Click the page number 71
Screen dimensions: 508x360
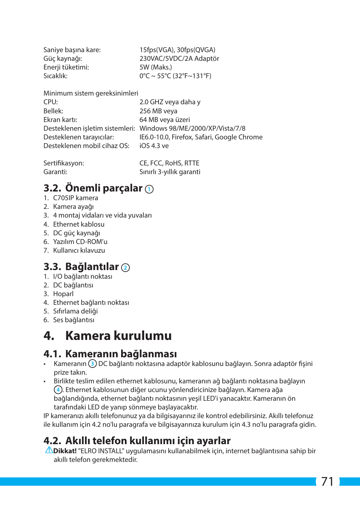[328, 481]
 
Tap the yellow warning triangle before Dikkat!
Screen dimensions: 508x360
[49, 450]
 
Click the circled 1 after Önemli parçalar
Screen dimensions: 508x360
[149, 189]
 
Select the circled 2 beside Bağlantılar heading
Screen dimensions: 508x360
[125, 268]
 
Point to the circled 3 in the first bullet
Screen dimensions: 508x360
[92, 363]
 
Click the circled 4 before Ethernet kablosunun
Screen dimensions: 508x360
[58, 389]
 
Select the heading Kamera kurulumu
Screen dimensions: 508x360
[118, 335]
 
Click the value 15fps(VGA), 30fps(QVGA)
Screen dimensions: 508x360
[177, 50]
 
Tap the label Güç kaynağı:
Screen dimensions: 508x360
[63, 59]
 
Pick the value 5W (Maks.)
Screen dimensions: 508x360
[155, 67]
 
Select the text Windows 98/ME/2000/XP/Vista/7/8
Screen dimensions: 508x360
[192, 128]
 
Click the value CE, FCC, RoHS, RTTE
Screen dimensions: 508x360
[169, 163]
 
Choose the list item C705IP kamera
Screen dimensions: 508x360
[75, 198]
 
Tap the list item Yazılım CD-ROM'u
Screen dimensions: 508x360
[80, 242]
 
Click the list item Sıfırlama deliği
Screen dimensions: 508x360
[75, 311]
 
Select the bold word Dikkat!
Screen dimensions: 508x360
[65, 451]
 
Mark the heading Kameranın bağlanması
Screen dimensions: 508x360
[121, 354]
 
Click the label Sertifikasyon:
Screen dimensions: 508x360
[63, 163]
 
